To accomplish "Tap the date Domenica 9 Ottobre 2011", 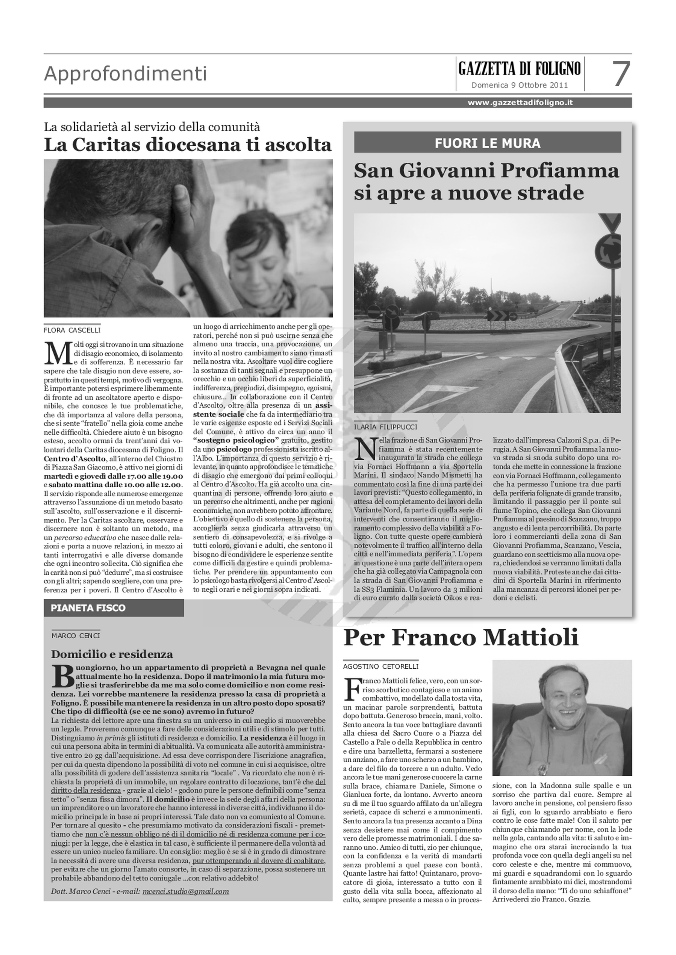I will point(519,85).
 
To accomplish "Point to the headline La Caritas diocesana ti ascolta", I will point(188,145).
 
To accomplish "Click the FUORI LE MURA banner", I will point(488,143).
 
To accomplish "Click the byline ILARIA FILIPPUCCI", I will point(385,427).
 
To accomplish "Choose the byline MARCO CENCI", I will point(76,636).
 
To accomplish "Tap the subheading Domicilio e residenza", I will point(112,654).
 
